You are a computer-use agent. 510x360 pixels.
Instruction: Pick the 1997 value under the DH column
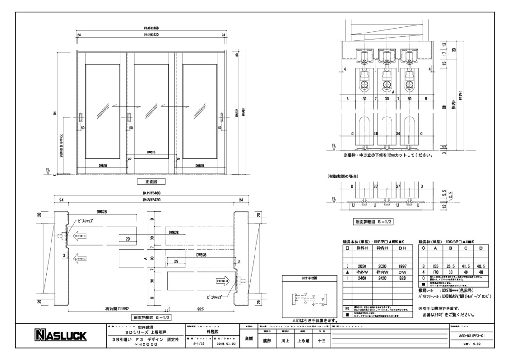(x=403, y=266)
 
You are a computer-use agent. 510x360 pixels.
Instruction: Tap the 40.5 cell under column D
(x=481, y=266)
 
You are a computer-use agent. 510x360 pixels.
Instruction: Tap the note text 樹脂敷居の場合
(x=342, y=176)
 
